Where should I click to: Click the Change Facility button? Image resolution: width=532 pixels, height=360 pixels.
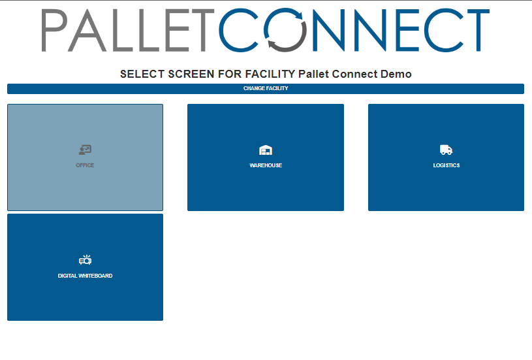266,89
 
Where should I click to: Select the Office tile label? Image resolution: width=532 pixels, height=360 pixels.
85,165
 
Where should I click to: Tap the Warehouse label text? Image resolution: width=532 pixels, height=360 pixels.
266,165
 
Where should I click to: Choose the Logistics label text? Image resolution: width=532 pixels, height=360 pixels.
446,165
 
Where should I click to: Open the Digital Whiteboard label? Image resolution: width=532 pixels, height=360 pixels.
85,276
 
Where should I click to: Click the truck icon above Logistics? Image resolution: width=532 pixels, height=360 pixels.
446,150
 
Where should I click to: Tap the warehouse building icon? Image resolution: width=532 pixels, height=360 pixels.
266,150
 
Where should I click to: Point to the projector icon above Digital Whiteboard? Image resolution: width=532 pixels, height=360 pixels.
85,260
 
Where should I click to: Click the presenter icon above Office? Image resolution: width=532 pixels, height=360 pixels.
85,150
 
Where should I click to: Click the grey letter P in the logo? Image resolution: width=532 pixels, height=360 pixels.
54,30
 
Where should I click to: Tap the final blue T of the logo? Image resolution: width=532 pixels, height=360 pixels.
478,30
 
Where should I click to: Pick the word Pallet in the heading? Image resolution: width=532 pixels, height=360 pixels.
314,74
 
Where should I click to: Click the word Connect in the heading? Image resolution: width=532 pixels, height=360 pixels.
354,74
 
